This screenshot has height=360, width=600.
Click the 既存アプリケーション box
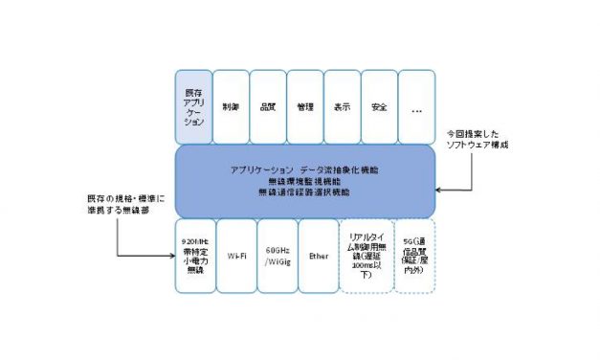[193, 107]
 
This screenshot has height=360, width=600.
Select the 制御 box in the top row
[230, 107]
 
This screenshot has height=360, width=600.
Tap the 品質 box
[268, 107]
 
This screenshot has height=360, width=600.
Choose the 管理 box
[305, 107]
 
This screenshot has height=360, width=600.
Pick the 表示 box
[343, 107]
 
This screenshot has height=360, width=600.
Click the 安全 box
[379, 107]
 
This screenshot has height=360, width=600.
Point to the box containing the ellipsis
[416, 107]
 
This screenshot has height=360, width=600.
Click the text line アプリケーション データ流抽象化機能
[304, 169]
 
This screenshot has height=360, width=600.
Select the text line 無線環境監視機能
[304, 181]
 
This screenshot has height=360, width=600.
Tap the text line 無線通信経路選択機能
[304, 192]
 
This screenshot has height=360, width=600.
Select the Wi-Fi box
[235, 256]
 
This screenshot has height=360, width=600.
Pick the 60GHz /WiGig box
[277, 256]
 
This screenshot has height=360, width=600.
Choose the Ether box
[318, 256]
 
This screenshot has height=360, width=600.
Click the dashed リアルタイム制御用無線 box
[361, 256]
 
